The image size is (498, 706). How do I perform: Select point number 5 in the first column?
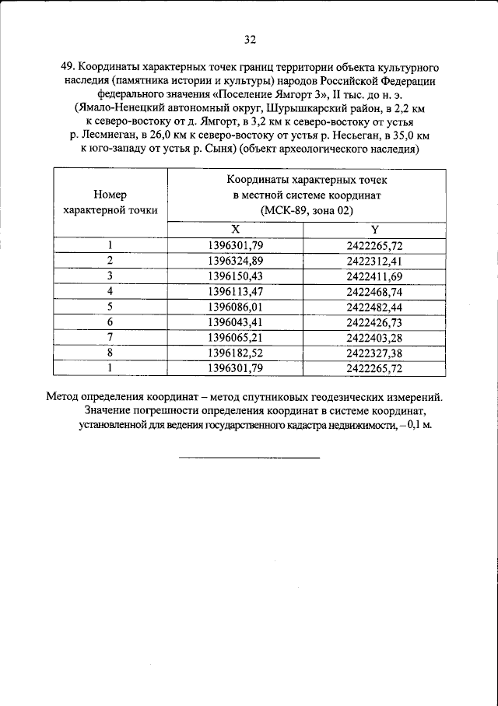tap(110, 306)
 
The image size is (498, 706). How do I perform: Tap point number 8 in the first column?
tap(110, 352)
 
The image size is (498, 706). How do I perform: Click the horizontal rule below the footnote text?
tap(249, 457)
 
